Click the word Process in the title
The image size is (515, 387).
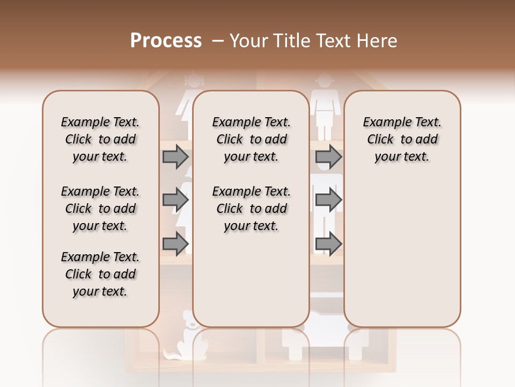coord(166,41)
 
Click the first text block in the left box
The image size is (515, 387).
coord(100,139)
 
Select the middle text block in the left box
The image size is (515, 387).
coord(100,209)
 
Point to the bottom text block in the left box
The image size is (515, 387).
coord(100,274)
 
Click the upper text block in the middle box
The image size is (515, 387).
coord(251,139)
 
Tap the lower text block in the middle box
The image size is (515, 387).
coord(251,209)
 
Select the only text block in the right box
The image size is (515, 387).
coord(402,139)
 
